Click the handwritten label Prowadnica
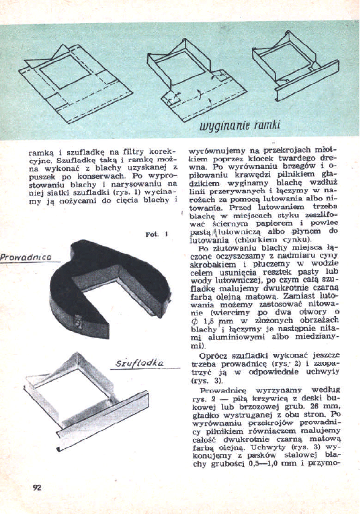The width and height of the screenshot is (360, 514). (x=25, y=256)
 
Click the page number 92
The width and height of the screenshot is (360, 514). (x=37, y=488)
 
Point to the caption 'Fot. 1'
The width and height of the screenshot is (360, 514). (x=156, y=234)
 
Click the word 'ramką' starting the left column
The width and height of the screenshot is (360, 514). (x=41, y=153)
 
